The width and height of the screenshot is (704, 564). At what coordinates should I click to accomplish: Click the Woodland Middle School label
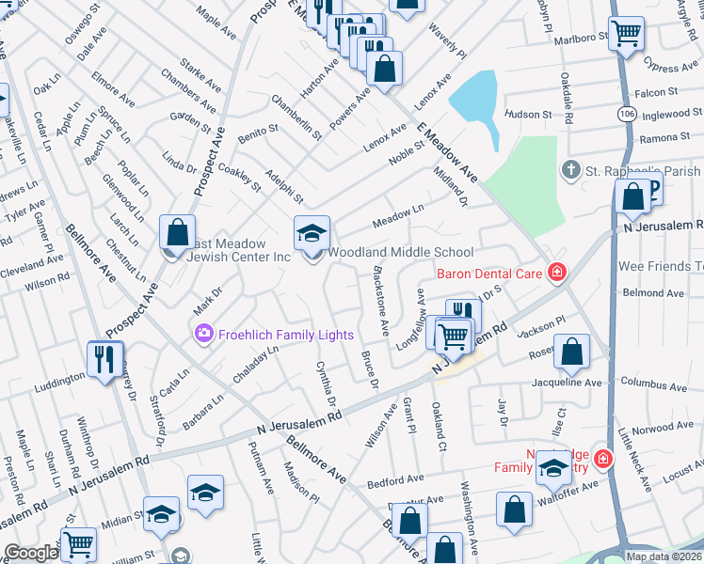click(400, 252)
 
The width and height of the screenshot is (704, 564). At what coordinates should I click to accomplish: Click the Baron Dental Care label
click(490, 274)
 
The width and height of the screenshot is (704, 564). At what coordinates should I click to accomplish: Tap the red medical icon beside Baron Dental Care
click(557, 274)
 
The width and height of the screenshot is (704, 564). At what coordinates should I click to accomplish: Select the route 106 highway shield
click(626, 112)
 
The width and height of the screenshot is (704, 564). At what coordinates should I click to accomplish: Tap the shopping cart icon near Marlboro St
click(625, 34)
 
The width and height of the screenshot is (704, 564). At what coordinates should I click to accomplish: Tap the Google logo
click(31, 554)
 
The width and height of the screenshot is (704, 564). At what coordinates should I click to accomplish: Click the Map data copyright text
click(663, 556)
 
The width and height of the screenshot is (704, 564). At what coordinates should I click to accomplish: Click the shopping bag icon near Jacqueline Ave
click(572, 353)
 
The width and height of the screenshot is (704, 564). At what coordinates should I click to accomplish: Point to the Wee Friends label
click(660, 266)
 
